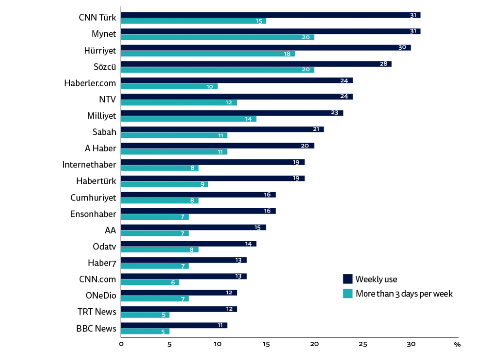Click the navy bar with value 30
pyautogui.click(x=266, y=48)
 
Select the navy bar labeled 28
pyautogui.click(x=256, y=64)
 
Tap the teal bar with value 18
pyautogui.click(x=208, y=54)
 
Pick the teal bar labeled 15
pyautogui.click(x=193, y=21)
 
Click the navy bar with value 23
pyautogui.click(x=232, y=113)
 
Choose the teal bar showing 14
pyautogui.click(x=189, y=119)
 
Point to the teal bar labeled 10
pyautogui.click(x=169, y=87)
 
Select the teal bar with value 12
pyautogui.click(x=179, y=103)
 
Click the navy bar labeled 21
pyautogui.click(x=223, y=129)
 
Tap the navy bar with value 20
pyautogui.click(x=218, y=146)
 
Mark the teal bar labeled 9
pyautogui.click(x=165, y=184)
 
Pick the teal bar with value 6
pyautogui.click(x=150, y=282)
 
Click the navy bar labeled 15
pyautogui.click(x=193, y=227)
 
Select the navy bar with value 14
pyautogui.click(x=189, y=244)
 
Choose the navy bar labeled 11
pyautogui.click(x=174, y=325)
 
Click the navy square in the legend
pyautogui.click(x=347, y=279)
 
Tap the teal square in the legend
pyautogui.click(x=347, y=293)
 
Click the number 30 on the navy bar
pyautogui.click(x=402, y=48)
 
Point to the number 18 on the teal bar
pyautogui.click(x=287, y=54)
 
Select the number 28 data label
pyautogui.click(x=383, y=64)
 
